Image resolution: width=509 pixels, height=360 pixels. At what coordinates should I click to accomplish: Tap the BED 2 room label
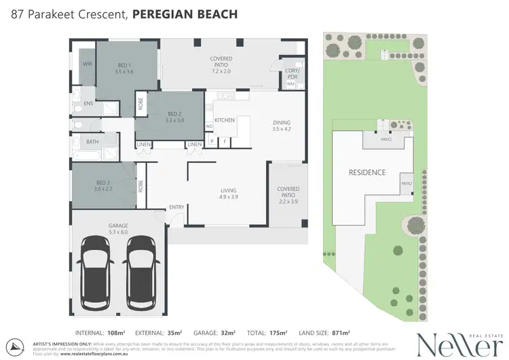(x=174, y=113)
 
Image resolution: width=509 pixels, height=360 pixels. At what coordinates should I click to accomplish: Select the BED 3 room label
(x=103, y=182)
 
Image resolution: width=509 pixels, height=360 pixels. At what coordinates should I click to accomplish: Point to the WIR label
(x=87, y=64)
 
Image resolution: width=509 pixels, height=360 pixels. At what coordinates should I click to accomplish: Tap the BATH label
(x=92, y=142)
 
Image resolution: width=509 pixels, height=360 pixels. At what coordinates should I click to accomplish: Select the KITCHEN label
(x=225, y=120)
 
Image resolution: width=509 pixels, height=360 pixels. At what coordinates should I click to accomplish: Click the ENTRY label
(x=176, y=207)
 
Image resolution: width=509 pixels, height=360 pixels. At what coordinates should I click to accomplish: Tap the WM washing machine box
(x=280, y=84)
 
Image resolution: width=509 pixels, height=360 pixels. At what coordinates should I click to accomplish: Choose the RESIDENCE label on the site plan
(x=367, y=173)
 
